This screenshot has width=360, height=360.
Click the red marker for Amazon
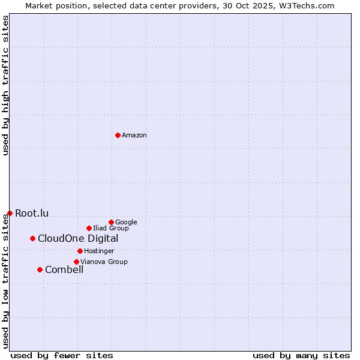118,135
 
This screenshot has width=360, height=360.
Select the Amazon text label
134,136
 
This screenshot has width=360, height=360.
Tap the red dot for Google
111,222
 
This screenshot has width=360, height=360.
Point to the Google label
126,223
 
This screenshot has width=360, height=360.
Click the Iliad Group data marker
89,228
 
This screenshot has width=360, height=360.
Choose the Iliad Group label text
110,229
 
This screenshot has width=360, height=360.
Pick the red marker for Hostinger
80,251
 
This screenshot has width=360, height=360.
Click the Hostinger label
99,251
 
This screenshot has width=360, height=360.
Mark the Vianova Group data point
76,262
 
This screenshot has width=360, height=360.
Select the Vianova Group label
104,262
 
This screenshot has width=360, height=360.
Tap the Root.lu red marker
10,213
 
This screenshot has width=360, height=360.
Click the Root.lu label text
32,213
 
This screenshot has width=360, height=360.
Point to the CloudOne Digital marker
32,238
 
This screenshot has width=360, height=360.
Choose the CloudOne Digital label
78,239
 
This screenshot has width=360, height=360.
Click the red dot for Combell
40,269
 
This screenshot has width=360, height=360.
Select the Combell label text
64,270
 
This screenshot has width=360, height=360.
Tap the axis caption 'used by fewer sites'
62,355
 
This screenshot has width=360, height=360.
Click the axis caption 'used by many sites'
301,355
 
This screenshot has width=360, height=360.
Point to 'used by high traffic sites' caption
5,85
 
